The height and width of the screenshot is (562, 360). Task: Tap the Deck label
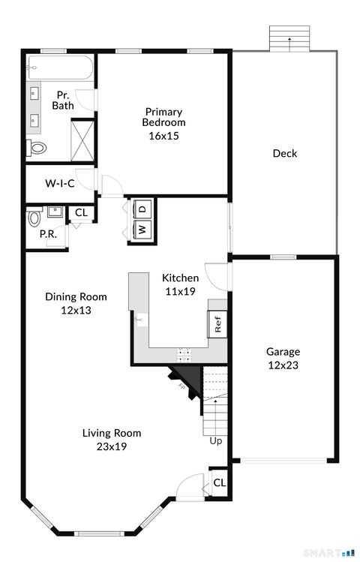[x=284, y=153]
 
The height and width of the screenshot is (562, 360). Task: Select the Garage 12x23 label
[x=283, y=358]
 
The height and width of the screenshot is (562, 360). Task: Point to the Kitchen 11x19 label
[x=181, y=284]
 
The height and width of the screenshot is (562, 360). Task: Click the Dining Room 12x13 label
[x=76, y=302]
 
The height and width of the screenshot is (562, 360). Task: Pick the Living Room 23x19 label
[x=111, y=439]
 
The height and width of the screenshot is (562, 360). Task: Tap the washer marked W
[x=141, y=229]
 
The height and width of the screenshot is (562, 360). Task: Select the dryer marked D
[x=141, y=207]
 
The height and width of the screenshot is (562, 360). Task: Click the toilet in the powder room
[x=34, y=218]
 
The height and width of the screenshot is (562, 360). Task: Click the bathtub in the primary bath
[x=60, y=69]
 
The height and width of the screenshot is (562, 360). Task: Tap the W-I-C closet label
[x=59, y=182]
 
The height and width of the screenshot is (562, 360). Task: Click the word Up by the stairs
[x=216, y=440]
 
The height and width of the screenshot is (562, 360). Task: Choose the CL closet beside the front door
[x=219, y=482]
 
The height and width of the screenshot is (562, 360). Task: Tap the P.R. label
[x=48, y=234]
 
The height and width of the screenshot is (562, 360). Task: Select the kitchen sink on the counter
[x=139, y=320]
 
